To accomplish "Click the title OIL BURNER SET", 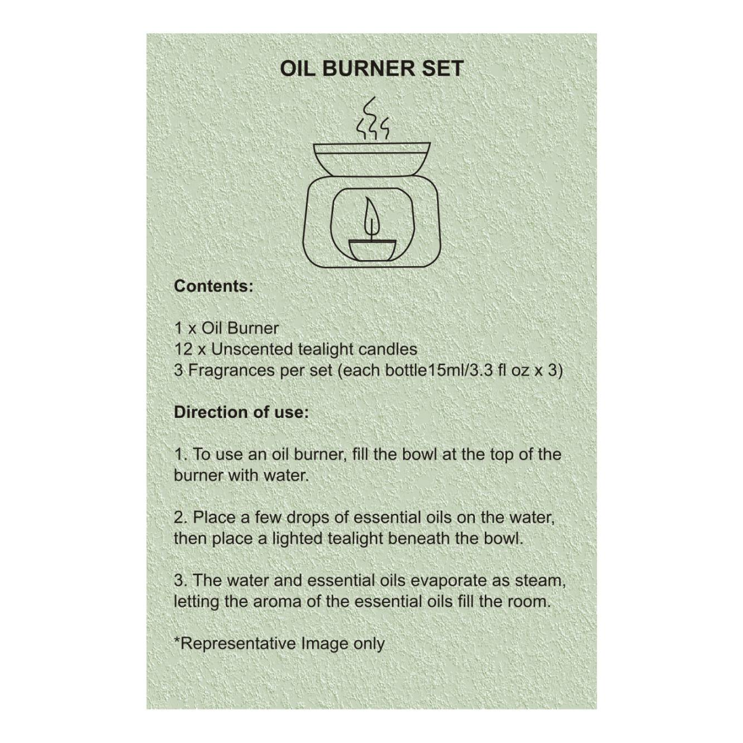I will [x=371, y=68].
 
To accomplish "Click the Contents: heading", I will [x=214, y=287].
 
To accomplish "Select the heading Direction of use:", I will [x=241, y=412].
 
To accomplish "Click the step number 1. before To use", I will [x=181, y=454].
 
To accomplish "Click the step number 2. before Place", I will [x=181, y=517].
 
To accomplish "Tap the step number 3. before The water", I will [x=181, y=581].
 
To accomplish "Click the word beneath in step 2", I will [x=419, y=539].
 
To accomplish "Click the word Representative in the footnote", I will [x=237, y=644].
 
